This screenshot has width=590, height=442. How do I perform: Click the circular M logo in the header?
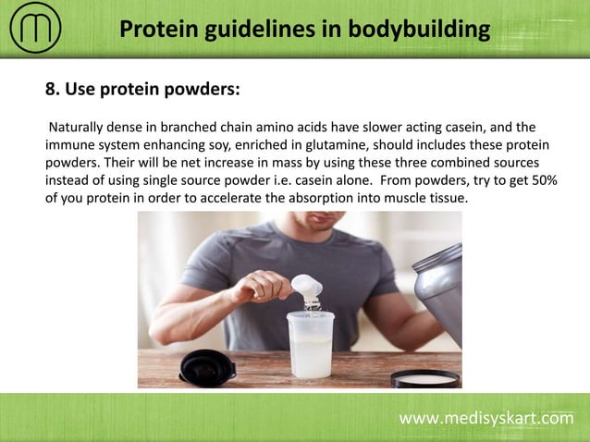(x=35, y=30)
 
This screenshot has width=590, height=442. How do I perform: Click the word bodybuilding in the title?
(x=417, y=30)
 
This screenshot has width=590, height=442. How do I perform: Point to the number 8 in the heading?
(x=52, y=90)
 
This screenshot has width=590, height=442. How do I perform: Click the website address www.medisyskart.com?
(x=486, y=419)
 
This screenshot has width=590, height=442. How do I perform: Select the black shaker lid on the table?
(x=204, y=365)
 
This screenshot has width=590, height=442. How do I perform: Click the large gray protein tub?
(x=438, y=296)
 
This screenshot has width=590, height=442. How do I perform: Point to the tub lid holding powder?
(x=424, y=377)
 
